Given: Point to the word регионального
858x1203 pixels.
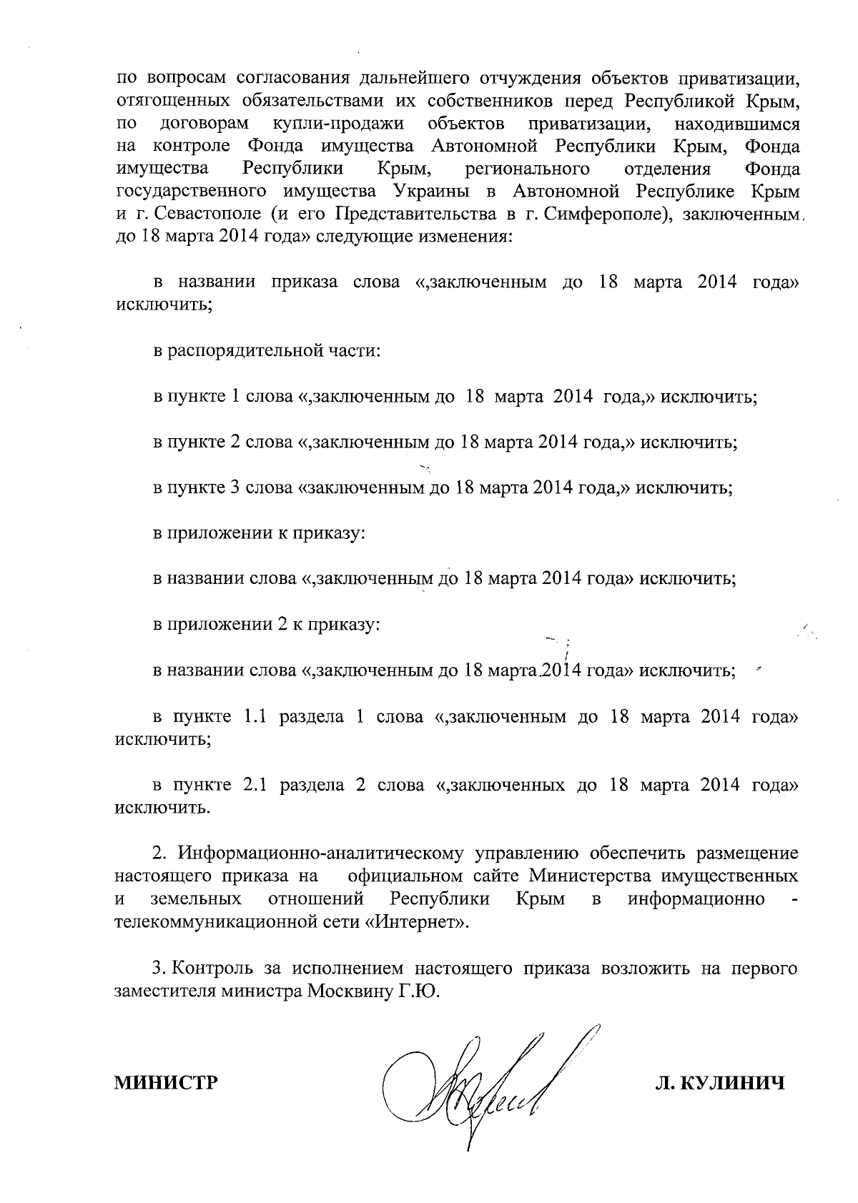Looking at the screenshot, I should coord(527,169).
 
